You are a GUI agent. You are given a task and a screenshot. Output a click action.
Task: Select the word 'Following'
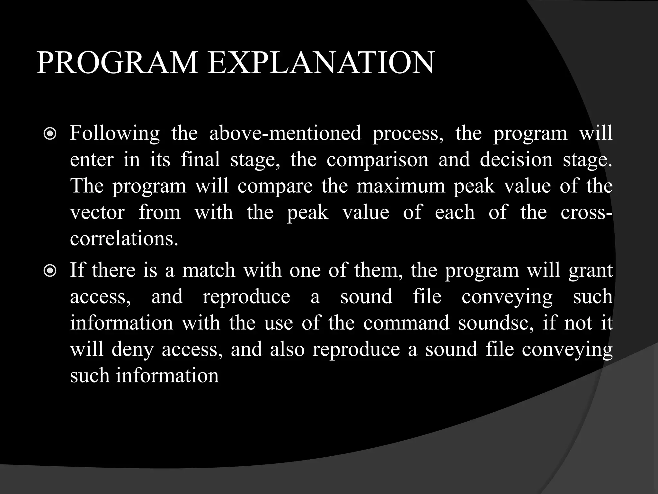pos(115,133)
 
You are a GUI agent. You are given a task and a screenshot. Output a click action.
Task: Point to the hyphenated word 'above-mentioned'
pos(285,133)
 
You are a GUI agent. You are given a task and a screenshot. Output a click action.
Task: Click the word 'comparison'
pos(378,160)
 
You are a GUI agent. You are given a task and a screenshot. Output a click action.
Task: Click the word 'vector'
pos(97,212)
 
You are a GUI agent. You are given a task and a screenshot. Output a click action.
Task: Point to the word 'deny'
pos(132,350)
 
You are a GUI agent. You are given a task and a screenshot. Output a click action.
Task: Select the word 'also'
pos(287,349)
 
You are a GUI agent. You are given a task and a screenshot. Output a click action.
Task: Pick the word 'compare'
pos(275,187)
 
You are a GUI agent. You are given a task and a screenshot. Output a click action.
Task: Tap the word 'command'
pos(406,323)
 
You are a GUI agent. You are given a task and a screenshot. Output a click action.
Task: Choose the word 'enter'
pos(92,160)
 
